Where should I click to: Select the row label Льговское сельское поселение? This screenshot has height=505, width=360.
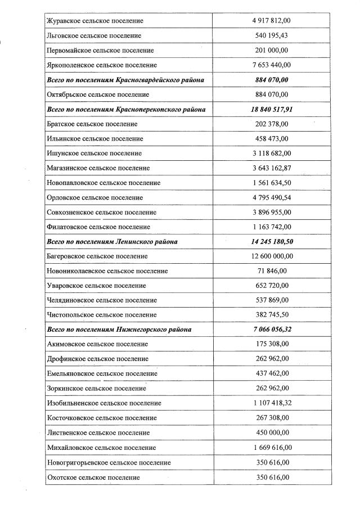coord(93,35)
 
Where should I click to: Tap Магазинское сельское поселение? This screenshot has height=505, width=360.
coord(98,168)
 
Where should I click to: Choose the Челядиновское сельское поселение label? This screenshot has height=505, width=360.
coord(101,300)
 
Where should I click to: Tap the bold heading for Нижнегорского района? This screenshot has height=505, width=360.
coord(119,330)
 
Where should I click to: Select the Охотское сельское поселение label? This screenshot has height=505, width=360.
coord(93,477)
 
